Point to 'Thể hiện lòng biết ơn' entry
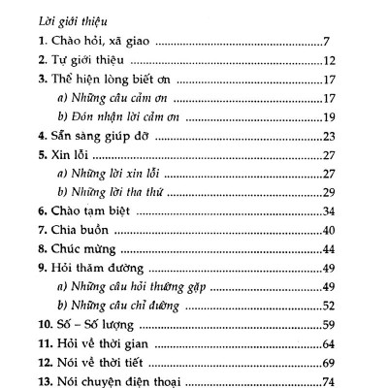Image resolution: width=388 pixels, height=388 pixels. point(111,79)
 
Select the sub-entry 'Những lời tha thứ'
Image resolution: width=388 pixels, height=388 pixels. point(111,192)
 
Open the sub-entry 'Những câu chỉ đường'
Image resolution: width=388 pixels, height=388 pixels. point(118,306)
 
